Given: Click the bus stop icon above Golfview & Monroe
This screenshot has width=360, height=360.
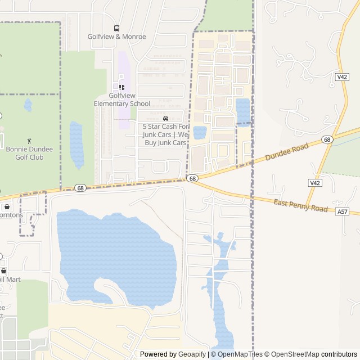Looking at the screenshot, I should click(116, 28).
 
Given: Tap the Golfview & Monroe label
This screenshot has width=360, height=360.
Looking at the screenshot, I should click(116, 37).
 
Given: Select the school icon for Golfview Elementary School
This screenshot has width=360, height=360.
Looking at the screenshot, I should click(121, 87).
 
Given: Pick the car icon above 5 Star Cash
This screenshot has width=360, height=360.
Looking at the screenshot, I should click(165, 118).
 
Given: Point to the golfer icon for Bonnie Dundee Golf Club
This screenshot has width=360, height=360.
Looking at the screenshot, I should click(29, 141).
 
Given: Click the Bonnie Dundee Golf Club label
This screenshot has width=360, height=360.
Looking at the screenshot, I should click(32, 153).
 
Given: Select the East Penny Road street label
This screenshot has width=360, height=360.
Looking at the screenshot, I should click(300, 205).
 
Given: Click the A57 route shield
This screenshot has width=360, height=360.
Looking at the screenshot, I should click(343, 211).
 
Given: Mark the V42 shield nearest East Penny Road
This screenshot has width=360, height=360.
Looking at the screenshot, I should click(314, 183).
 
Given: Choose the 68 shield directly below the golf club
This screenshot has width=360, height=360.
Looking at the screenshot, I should click(81, 188).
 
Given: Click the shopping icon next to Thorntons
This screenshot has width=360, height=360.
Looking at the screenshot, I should click(7, 206).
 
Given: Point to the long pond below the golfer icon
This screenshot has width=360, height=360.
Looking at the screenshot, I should click(76, 145).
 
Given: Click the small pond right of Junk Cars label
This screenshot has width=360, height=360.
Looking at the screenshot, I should click(200, 133).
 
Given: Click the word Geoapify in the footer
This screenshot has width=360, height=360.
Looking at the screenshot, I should click(193, 354).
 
